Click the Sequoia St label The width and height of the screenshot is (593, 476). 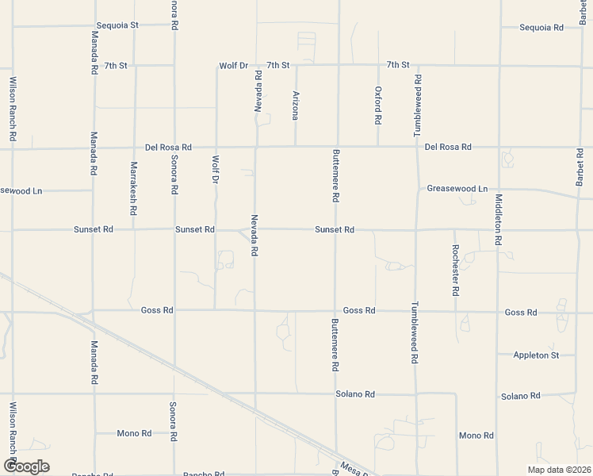tap(117, 25)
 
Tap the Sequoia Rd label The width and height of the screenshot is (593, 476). tap(541, 27)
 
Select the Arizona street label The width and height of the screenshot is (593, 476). tap(296, 105)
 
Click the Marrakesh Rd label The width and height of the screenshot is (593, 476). tap(133, 189)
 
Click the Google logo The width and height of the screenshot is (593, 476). tap(26, 466)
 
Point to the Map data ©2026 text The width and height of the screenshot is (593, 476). tap(558, 470)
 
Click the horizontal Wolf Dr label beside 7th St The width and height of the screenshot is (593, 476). tap(234, 65)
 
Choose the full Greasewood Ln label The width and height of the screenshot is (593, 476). tap(457, 189)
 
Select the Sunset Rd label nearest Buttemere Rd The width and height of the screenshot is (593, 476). tap(334, 229)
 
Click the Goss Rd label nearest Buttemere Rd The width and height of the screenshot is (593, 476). tap(359, 310)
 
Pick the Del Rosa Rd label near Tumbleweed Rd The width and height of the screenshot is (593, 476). tap(448, 147)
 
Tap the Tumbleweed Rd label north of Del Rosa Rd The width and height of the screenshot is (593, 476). tap(418, 104)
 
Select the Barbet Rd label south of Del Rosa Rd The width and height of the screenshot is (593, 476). tap(580, 168)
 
